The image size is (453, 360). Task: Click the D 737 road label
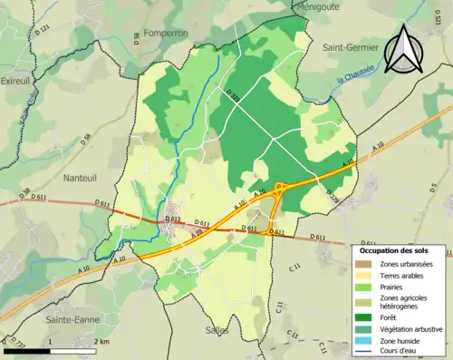click(x=14, y=344)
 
